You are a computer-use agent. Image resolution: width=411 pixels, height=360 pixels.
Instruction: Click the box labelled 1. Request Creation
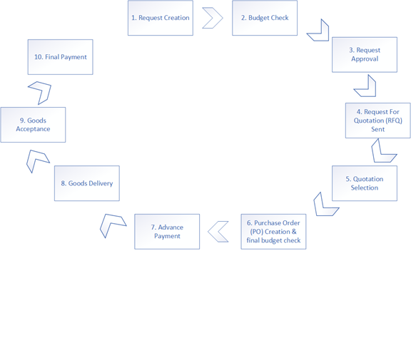[161, 18]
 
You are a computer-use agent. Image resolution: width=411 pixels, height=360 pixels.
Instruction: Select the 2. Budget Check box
[265, 18]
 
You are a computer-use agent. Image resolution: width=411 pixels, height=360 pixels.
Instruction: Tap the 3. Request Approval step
[365, 55]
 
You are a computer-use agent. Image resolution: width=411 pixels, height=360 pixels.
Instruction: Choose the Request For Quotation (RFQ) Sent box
[378, 120]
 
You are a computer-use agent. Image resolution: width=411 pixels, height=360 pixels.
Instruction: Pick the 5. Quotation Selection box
[365, 183]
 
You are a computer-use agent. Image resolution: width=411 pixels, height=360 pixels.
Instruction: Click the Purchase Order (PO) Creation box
[273, 232]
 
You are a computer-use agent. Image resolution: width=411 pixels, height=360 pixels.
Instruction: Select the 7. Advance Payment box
[167, 232]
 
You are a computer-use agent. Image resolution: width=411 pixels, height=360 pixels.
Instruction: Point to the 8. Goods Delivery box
[87, 183]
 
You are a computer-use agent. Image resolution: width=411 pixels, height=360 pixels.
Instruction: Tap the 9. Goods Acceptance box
[33, 125]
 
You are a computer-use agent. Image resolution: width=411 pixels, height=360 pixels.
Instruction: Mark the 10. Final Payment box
[60, 57]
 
